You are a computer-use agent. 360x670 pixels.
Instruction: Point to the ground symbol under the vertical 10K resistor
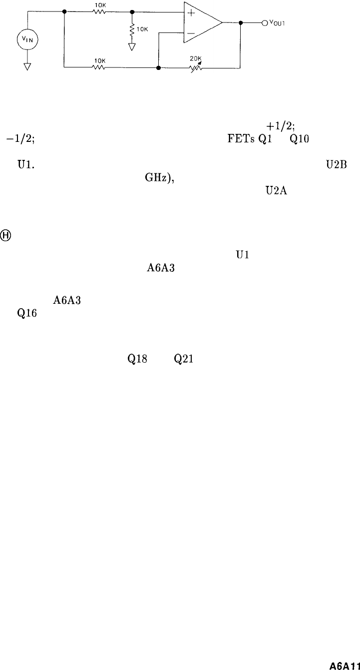(x=132, y=47)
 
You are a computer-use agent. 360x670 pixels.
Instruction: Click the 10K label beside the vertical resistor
(x=142, y=29)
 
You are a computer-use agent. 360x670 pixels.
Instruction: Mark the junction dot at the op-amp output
(x=241, y=22)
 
